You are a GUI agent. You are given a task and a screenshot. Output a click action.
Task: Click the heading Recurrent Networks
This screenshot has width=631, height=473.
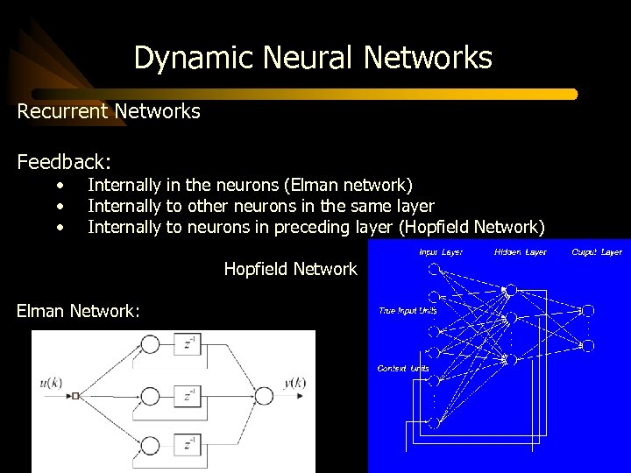(x=109, y=111)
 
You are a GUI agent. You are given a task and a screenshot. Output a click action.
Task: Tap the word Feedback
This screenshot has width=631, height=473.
(x=63, y=162)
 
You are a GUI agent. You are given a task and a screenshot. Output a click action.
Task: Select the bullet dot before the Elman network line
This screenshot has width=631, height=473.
(x=60, y=186)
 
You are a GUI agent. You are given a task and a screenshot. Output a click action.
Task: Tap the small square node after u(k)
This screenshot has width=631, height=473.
(x=76, y=396)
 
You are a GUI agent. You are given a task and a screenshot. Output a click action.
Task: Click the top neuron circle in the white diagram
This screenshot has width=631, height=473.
(x=151, y=344)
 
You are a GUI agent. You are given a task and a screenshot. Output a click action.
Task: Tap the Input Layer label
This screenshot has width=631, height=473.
(x=441, y=252)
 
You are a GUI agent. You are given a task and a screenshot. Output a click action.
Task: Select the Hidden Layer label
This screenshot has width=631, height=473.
(x=520, y=252)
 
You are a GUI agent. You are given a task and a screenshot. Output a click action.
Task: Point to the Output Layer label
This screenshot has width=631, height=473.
(x=597, y=252)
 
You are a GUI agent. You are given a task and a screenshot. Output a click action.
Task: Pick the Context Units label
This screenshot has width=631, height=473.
(x=404, y=368)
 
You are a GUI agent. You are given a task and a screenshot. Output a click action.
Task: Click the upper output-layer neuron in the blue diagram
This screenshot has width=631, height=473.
(x=588, y=310)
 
